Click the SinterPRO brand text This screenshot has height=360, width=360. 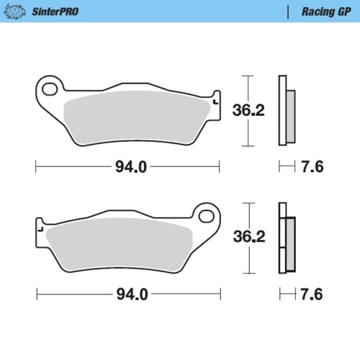coord(55,12)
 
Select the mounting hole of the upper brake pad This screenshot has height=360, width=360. coord(51,89)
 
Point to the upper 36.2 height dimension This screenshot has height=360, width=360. coord(246,111)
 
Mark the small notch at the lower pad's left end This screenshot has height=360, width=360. coord(40,230)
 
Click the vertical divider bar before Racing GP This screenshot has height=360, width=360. coord(289,12)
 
